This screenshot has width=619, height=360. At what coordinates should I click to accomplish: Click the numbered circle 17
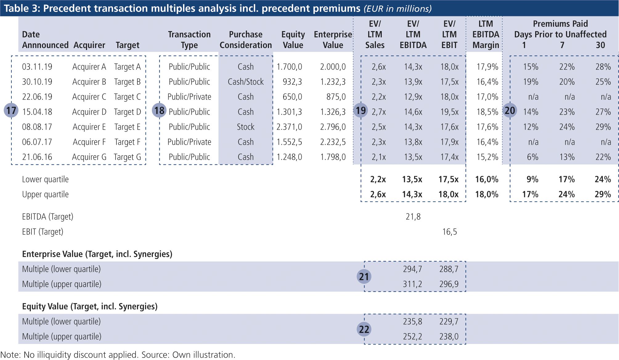(11, 110)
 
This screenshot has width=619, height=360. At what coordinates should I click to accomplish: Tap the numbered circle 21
(364, 277)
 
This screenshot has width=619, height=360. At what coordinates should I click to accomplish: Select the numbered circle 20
(510, 110)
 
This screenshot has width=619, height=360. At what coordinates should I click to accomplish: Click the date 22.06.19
(37, 97)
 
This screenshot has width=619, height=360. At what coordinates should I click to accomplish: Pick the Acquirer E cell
(89, 127)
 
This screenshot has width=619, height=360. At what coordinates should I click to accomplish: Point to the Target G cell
(127, 157)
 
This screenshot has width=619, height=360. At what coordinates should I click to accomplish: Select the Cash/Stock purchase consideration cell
(246, 82)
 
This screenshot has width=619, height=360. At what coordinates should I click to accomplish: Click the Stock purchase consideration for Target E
(246, 127)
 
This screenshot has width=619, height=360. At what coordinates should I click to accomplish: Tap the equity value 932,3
(292, 82)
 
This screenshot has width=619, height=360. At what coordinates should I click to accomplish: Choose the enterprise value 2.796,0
(333, 127)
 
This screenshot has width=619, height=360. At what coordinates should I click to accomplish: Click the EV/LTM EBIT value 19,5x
(449, 112)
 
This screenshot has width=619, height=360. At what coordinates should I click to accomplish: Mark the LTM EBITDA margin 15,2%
(487, 157)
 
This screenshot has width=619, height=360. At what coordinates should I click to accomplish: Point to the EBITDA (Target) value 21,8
(413, 217)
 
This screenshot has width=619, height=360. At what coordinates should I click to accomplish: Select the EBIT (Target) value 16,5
(450, 232)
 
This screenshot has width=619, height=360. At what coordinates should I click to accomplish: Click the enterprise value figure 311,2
(412, 284)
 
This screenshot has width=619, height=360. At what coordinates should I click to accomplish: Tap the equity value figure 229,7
(449, 322)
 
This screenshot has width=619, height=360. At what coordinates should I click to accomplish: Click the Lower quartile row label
(45, 179)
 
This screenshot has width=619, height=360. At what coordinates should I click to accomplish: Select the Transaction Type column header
(189, 40)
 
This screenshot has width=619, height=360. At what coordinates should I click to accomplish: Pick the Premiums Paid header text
(560, 24)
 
